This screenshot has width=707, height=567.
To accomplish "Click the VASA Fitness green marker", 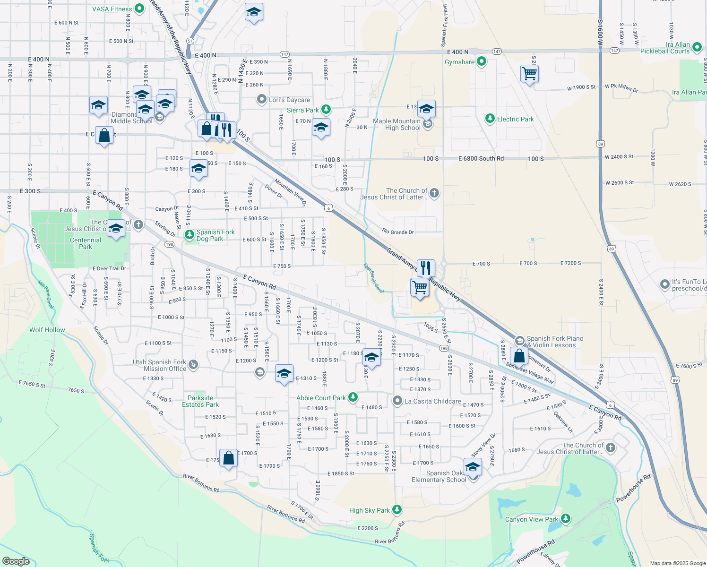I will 139,9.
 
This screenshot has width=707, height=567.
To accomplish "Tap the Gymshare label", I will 459,62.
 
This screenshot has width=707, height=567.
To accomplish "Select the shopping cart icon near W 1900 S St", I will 529,74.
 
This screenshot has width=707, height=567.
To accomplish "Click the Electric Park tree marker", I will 490,119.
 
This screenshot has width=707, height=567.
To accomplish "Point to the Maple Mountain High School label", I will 397,125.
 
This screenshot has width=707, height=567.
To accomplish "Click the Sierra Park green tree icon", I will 326,110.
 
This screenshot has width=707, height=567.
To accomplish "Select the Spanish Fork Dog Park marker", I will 189,234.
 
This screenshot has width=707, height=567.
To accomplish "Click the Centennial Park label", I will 86,243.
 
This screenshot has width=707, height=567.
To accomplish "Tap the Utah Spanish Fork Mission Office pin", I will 193,365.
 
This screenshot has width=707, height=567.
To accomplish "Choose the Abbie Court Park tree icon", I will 353,397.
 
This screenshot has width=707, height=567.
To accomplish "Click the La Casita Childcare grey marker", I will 397,401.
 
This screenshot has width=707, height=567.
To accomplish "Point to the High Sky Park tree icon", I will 397,509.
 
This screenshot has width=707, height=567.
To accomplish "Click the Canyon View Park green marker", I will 565,519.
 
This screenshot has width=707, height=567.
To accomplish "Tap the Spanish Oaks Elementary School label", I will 439,476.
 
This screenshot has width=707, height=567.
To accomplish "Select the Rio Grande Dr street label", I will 398,232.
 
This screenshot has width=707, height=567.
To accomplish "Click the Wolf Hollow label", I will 47,330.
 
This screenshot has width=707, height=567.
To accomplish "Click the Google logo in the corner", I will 16,561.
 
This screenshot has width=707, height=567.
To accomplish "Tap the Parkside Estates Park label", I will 200,401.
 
